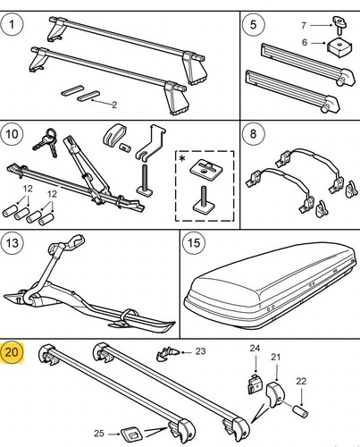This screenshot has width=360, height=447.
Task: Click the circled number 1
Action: point(12,24)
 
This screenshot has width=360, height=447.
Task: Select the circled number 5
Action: point(253,24)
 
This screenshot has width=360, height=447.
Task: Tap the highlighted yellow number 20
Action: point(12,352)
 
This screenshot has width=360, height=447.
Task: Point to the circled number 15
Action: point(194,243)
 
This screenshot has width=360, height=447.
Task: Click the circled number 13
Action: point(13,243)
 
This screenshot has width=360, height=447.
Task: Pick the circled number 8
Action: point(253,134)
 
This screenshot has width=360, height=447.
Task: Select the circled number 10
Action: point(12,134)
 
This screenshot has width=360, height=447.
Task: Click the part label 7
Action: point(304,25)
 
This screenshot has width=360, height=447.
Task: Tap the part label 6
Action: point(305,42)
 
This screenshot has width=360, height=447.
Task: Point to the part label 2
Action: point(114,105)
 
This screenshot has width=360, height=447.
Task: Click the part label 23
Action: point(200,351)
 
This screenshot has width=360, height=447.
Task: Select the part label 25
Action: point(99,434)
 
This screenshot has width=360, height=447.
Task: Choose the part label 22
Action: point(301,381)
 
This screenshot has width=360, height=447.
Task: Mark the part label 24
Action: point(255,348)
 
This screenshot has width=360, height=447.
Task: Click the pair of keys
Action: point(46,142)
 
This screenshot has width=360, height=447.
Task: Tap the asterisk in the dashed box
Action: point(182,158)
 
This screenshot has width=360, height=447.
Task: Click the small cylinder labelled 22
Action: point(300,411)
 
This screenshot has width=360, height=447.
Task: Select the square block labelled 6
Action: point(340,46)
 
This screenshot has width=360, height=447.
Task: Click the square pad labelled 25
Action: point(131,434)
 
